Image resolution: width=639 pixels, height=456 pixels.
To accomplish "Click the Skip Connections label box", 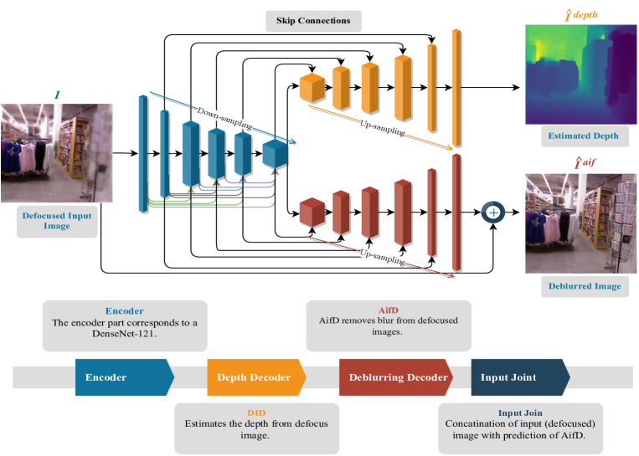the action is (313, 21).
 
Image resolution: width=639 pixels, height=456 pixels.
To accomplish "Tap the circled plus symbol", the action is (493, 213).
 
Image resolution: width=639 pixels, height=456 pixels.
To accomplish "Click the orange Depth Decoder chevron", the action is (257, 377).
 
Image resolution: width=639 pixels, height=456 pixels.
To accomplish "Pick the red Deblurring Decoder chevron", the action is (396, 377).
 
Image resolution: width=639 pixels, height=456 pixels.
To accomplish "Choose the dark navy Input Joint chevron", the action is (520, 377).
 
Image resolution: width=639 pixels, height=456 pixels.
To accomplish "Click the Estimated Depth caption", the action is (583, 136).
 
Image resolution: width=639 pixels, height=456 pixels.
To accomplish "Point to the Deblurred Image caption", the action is (585, 286).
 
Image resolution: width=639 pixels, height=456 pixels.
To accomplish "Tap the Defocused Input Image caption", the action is (57, 221).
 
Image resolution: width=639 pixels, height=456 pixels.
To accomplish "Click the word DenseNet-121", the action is (124, 334).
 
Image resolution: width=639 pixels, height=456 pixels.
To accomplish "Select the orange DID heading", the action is (256, 412).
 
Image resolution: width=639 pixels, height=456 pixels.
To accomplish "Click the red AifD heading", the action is (389, 310).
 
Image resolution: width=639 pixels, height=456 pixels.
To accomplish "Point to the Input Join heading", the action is (520, 412).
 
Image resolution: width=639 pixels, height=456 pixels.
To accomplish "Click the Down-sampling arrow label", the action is (224, 119).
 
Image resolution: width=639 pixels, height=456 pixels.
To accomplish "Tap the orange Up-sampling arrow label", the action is (382, 128).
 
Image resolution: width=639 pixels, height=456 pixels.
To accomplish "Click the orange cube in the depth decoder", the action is (312, 88).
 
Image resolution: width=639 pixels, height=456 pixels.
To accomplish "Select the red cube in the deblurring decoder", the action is (312, 213).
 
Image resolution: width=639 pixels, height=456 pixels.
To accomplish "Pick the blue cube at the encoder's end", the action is (275, 153).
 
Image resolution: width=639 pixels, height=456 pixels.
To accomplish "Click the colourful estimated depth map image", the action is (580, 74).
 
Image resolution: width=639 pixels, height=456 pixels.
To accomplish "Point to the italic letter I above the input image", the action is (57, 95).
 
